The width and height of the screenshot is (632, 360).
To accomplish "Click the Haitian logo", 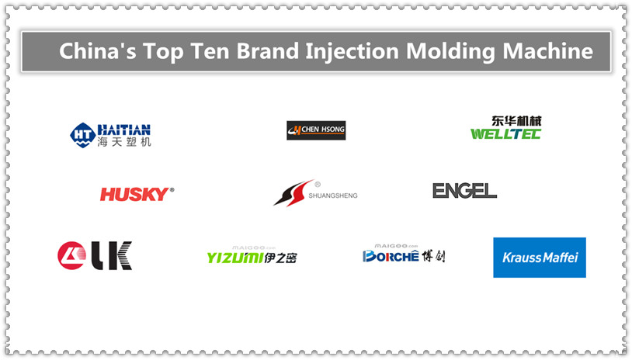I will pos(110,135).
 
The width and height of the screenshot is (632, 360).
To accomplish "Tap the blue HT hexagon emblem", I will pos(82,134).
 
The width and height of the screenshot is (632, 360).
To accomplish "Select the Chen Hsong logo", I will pos(316,130).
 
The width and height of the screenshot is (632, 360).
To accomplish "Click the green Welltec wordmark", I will pos(505,134).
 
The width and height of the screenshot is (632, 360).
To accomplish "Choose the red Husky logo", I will pos(137,193).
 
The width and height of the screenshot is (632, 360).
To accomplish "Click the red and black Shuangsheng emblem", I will pos(293,192).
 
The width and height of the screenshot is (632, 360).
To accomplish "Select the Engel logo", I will pos(464,190).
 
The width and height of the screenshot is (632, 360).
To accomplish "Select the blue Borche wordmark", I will pos(391,256).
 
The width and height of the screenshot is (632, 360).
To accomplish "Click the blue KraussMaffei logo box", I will pos(539,258).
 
